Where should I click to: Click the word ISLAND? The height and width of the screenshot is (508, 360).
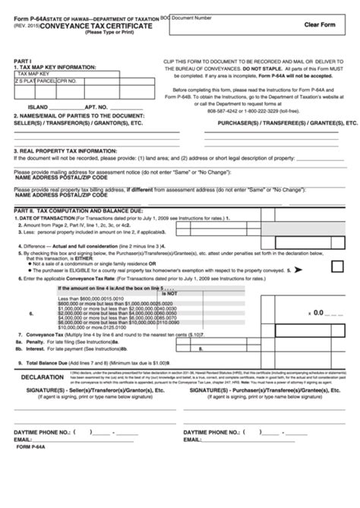click(37, 107)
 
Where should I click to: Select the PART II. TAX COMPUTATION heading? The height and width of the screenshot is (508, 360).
click(68, 208)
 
